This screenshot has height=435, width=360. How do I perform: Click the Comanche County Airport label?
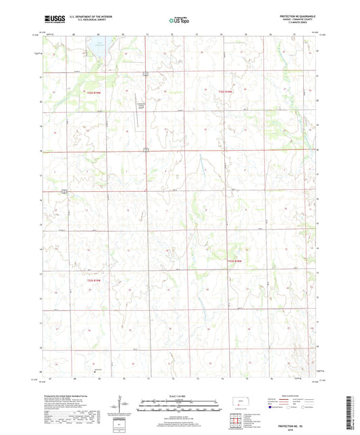click(x=142, y=105)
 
